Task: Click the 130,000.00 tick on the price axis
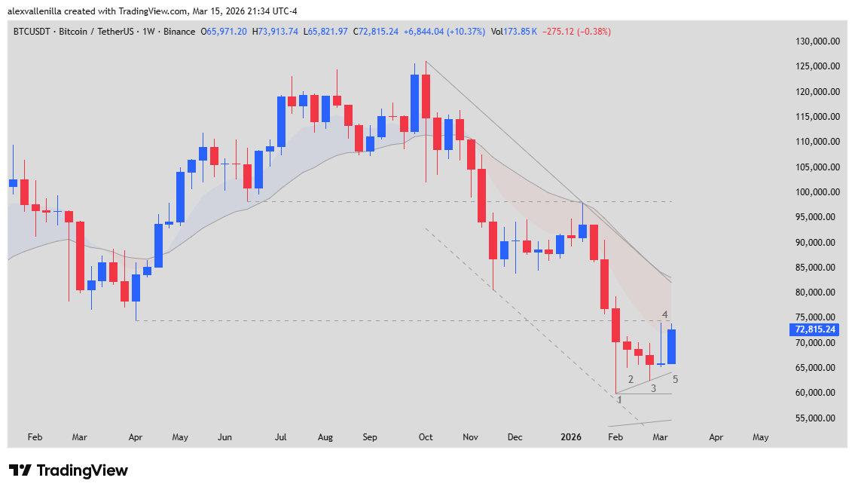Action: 817,41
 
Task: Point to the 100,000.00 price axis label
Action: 817,192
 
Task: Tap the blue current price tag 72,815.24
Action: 815,329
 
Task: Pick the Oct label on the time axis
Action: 426,436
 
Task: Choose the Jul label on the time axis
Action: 281,436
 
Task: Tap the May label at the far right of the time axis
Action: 761,436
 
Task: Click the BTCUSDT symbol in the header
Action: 33,32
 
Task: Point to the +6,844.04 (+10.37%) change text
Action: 444,32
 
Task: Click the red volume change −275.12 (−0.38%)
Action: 578,32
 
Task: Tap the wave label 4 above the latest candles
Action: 665,314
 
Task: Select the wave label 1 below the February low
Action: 619,400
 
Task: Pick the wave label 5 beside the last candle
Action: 675,379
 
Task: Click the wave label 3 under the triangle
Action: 654,388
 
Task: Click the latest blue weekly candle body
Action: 671,347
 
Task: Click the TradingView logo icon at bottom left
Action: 20,470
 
